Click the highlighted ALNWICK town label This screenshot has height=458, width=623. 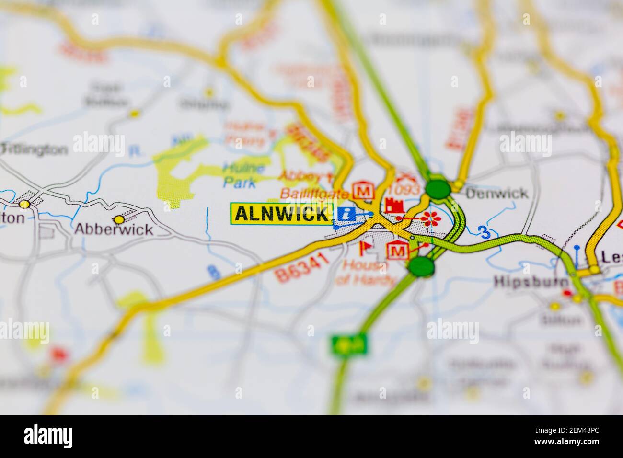click(x=282, y=214)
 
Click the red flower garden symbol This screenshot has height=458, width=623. click(x=431, y=218)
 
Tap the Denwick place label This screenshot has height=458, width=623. click(x=497, y=193)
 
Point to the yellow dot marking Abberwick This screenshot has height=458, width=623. click(x=119, y=219)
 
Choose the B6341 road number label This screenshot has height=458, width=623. click(x=302, y=268)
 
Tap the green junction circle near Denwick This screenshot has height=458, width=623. click(x=438, y=189)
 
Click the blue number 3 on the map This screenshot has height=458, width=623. click(x=485, y=233)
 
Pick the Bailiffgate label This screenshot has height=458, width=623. click(x=314, y=194)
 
